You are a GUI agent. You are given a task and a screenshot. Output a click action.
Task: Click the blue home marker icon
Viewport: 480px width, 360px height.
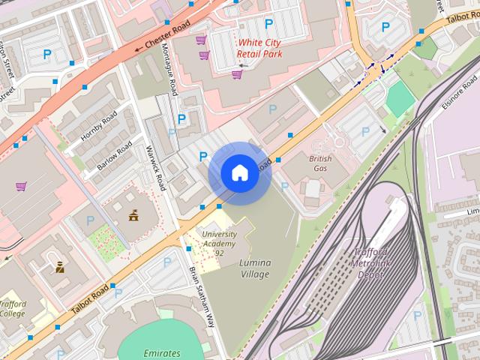pyautogui.click(x=238, y=173)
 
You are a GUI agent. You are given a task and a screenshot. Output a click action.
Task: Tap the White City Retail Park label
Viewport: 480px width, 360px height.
pyautogui.click(x=259, y=49)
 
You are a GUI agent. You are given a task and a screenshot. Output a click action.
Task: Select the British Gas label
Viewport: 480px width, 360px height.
pyautogui.click(x=320, y=163)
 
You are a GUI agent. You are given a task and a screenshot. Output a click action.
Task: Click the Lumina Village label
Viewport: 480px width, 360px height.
pyautogui.click(x=255, y=268)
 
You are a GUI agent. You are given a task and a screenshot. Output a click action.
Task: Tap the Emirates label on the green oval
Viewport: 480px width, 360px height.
pyautogui.click(x=161, y=352)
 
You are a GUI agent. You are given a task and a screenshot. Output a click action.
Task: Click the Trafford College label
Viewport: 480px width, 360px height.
pyautogui.click(x=13, y=309)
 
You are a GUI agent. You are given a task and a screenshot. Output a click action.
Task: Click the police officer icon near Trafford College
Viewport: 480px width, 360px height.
pyautogui.click(x=59, y=266)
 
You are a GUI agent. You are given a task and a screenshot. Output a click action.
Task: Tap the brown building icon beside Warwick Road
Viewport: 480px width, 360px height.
pyautogui.click(x=133, y=216)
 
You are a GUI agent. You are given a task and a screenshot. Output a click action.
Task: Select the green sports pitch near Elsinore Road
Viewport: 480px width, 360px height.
pyautogui.click(x=400, y=98)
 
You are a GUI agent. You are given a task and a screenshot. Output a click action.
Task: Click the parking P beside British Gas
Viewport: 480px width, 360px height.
pyautogui.click(x=284, y=186)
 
